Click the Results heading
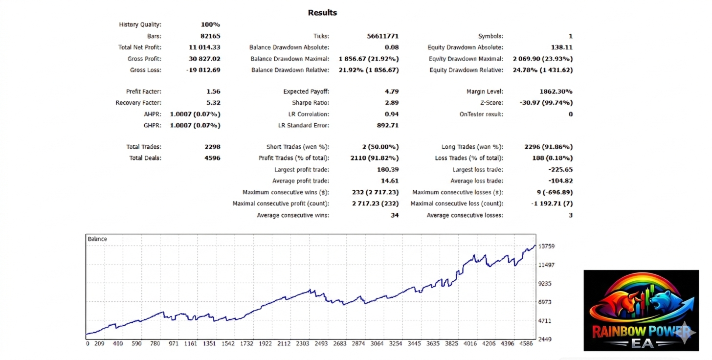point(322,13)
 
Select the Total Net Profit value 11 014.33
point(204,47)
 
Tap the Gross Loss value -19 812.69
point(203,70)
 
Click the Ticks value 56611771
point(382,36)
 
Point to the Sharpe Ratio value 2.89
point(392,103)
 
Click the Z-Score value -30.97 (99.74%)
point(546,103)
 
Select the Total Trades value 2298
point(212,147)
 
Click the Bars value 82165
point(211,36)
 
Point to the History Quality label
point(140,24)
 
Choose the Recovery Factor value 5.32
point(213,103)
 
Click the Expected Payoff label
point(306,91)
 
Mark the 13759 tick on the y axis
point(546,247)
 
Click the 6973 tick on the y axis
point(545,302)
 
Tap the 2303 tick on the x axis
point(302,344)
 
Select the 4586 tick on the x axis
point(526,344)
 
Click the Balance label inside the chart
point(97,239)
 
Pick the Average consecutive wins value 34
point(394,215)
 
